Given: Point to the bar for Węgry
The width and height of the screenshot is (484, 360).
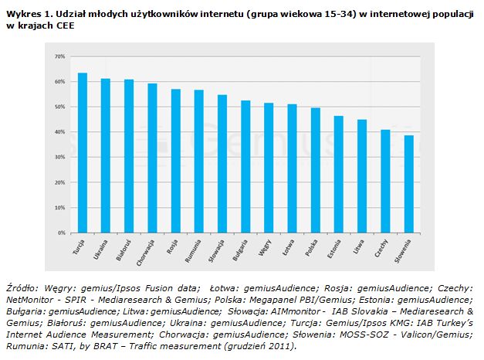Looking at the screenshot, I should point(269,168).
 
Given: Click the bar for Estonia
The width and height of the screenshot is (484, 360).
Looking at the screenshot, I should point(339,175).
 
